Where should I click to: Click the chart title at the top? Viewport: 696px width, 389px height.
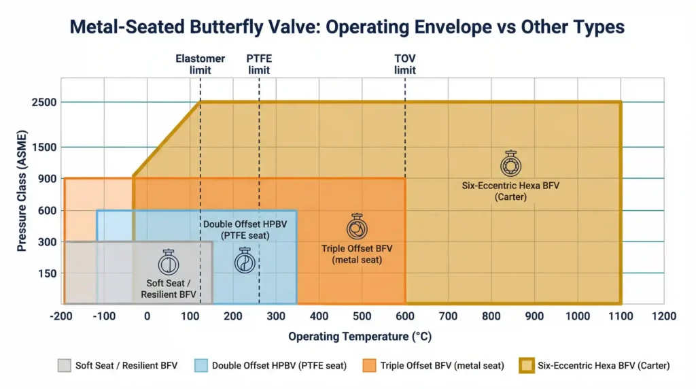(347, 28)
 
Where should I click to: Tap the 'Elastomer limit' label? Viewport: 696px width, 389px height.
(200, 65)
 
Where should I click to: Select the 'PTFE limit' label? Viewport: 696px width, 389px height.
(259, 65)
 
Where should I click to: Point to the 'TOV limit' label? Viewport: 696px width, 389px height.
(405, 65)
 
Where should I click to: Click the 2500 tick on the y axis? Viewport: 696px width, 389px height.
(44, 102)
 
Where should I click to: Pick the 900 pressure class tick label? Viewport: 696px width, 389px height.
(47, 178)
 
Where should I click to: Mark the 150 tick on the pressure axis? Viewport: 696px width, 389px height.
(47, 273)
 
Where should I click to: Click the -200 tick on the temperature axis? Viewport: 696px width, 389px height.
(62, 316)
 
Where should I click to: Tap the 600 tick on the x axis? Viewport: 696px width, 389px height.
(405, 316)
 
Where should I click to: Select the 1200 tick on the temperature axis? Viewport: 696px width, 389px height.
(663, 316)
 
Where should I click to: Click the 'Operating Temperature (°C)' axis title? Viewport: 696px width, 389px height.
(360, 337)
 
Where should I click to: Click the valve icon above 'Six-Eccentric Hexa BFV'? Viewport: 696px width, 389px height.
(509, 164)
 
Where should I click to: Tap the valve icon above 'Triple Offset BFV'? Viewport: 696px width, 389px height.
(357, 227)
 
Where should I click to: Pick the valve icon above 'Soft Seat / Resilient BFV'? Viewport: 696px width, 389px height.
(168, 263)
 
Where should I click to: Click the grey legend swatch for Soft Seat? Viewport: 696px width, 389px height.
(64, 365)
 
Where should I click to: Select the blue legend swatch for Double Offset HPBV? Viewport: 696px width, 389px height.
(201, 365)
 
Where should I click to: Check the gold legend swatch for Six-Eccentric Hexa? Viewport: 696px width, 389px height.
(526, 365)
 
